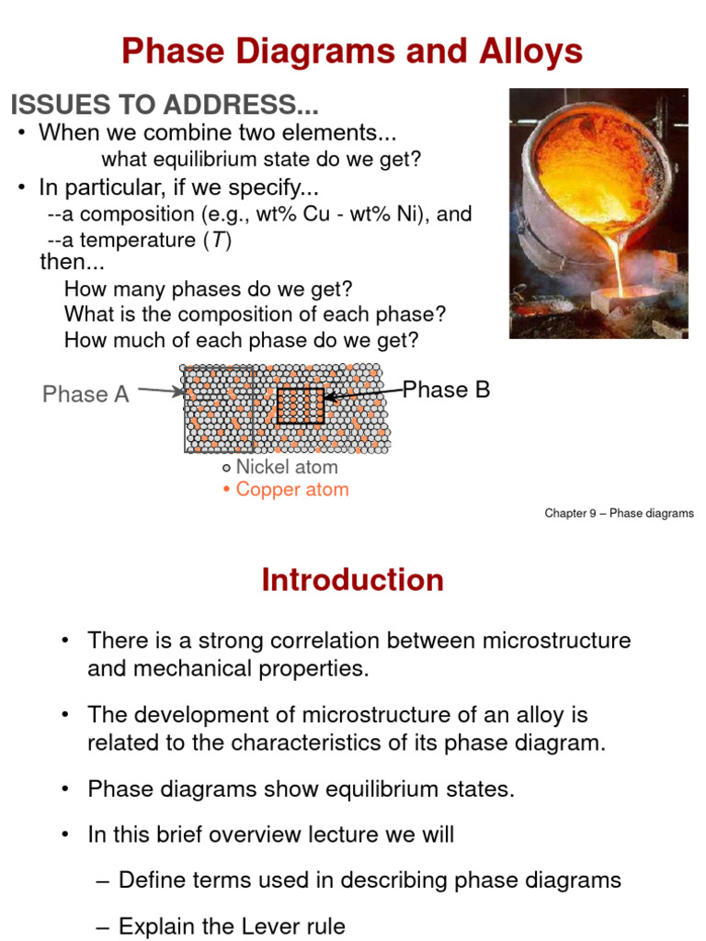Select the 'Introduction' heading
(x=352, y=580)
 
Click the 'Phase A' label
(x=85, y=394)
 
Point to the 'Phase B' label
(x=447, y=390)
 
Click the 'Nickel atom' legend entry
(x=286, y=467)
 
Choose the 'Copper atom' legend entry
(x=291, y=489)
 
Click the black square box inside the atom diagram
(x=301, y=405)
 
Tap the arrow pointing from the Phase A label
(x=162, y=391)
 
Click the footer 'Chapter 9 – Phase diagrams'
(x=619, y=514)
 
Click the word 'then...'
(x=73, y=262)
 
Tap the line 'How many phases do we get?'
(x=209, y=289)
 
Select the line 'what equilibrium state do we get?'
(x=261, y=159)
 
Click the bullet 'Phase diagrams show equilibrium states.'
(x=301, y=788)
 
